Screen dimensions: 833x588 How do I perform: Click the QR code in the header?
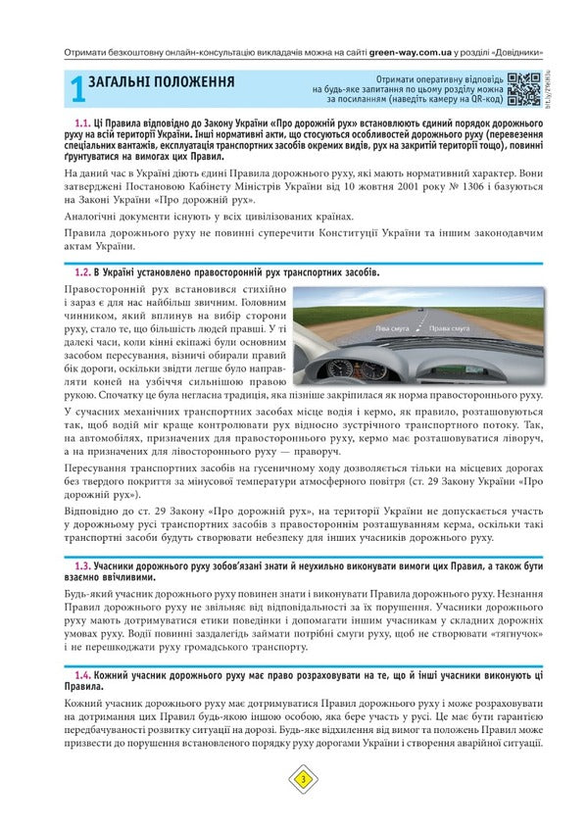pyautogui.click(x=524, y=88)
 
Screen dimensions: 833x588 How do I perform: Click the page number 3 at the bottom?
pyautogui.click(x=303, y=779)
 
